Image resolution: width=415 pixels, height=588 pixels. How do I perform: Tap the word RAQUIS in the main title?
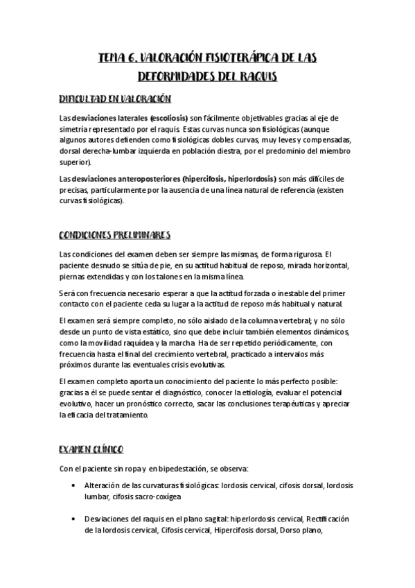pos(254,76)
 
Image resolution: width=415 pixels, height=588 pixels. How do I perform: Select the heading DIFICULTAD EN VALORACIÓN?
pos(116,100)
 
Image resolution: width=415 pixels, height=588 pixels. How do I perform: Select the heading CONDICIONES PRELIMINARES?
pos(115,235)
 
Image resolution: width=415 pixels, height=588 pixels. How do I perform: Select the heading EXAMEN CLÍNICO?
pos(91,449)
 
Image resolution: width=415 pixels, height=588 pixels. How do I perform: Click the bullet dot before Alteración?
pos(74,486)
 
